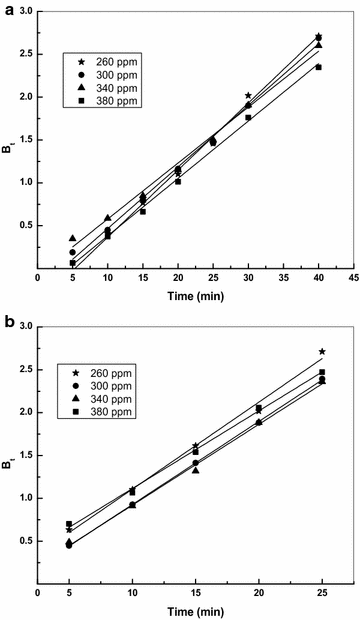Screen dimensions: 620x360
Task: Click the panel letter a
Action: (7, 7)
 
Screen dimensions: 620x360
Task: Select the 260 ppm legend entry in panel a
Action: (103, 60)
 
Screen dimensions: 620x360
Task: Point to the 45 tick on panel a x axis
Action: (353, 280)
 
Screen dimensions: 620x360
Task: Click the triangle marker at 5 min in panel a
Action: (73, 238)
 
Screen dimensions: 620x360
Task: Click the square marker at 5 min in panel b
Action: (69, 524)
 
